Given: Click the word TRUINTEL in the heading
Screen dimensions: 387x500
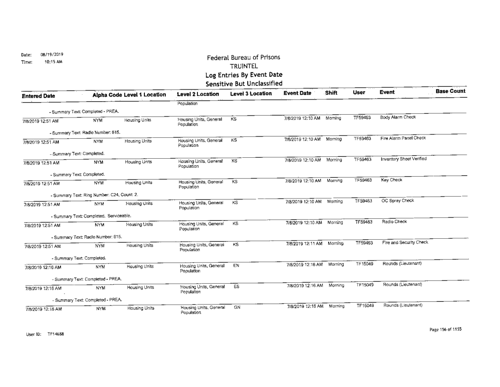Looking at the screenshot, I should (242, 66).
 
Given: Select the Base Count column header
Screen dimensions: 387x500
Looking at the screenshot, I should (450, 91).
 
